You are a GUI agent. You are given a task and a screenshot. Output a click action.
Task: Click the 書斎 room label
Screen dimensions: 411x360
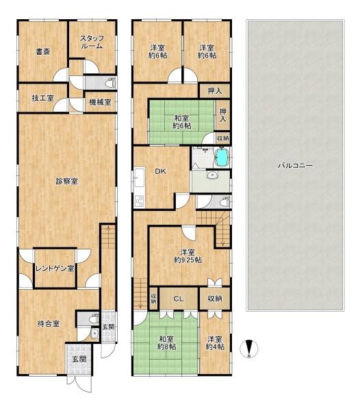(42, 51)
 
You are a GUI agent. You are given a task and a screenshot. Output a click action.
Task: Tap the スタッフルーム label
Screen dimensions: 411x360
(91, 42)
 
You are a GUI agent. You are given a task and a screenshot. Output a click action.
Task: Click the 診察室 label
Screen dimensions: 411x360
(66, 182)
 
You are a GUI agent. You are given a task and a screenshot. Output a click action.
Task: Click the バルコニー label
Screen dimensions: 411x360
(295, 165)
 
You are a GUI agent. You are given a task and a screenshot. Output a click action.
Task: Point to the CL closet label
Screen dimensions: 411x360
(177, 299)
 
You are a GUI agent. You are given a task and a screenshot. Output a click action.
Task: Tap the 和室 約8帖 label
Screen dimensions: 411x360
(166, 343)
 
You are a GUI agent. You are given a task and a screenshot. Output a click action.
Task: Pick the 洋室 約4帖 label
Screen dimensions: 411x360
(214, 343)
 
